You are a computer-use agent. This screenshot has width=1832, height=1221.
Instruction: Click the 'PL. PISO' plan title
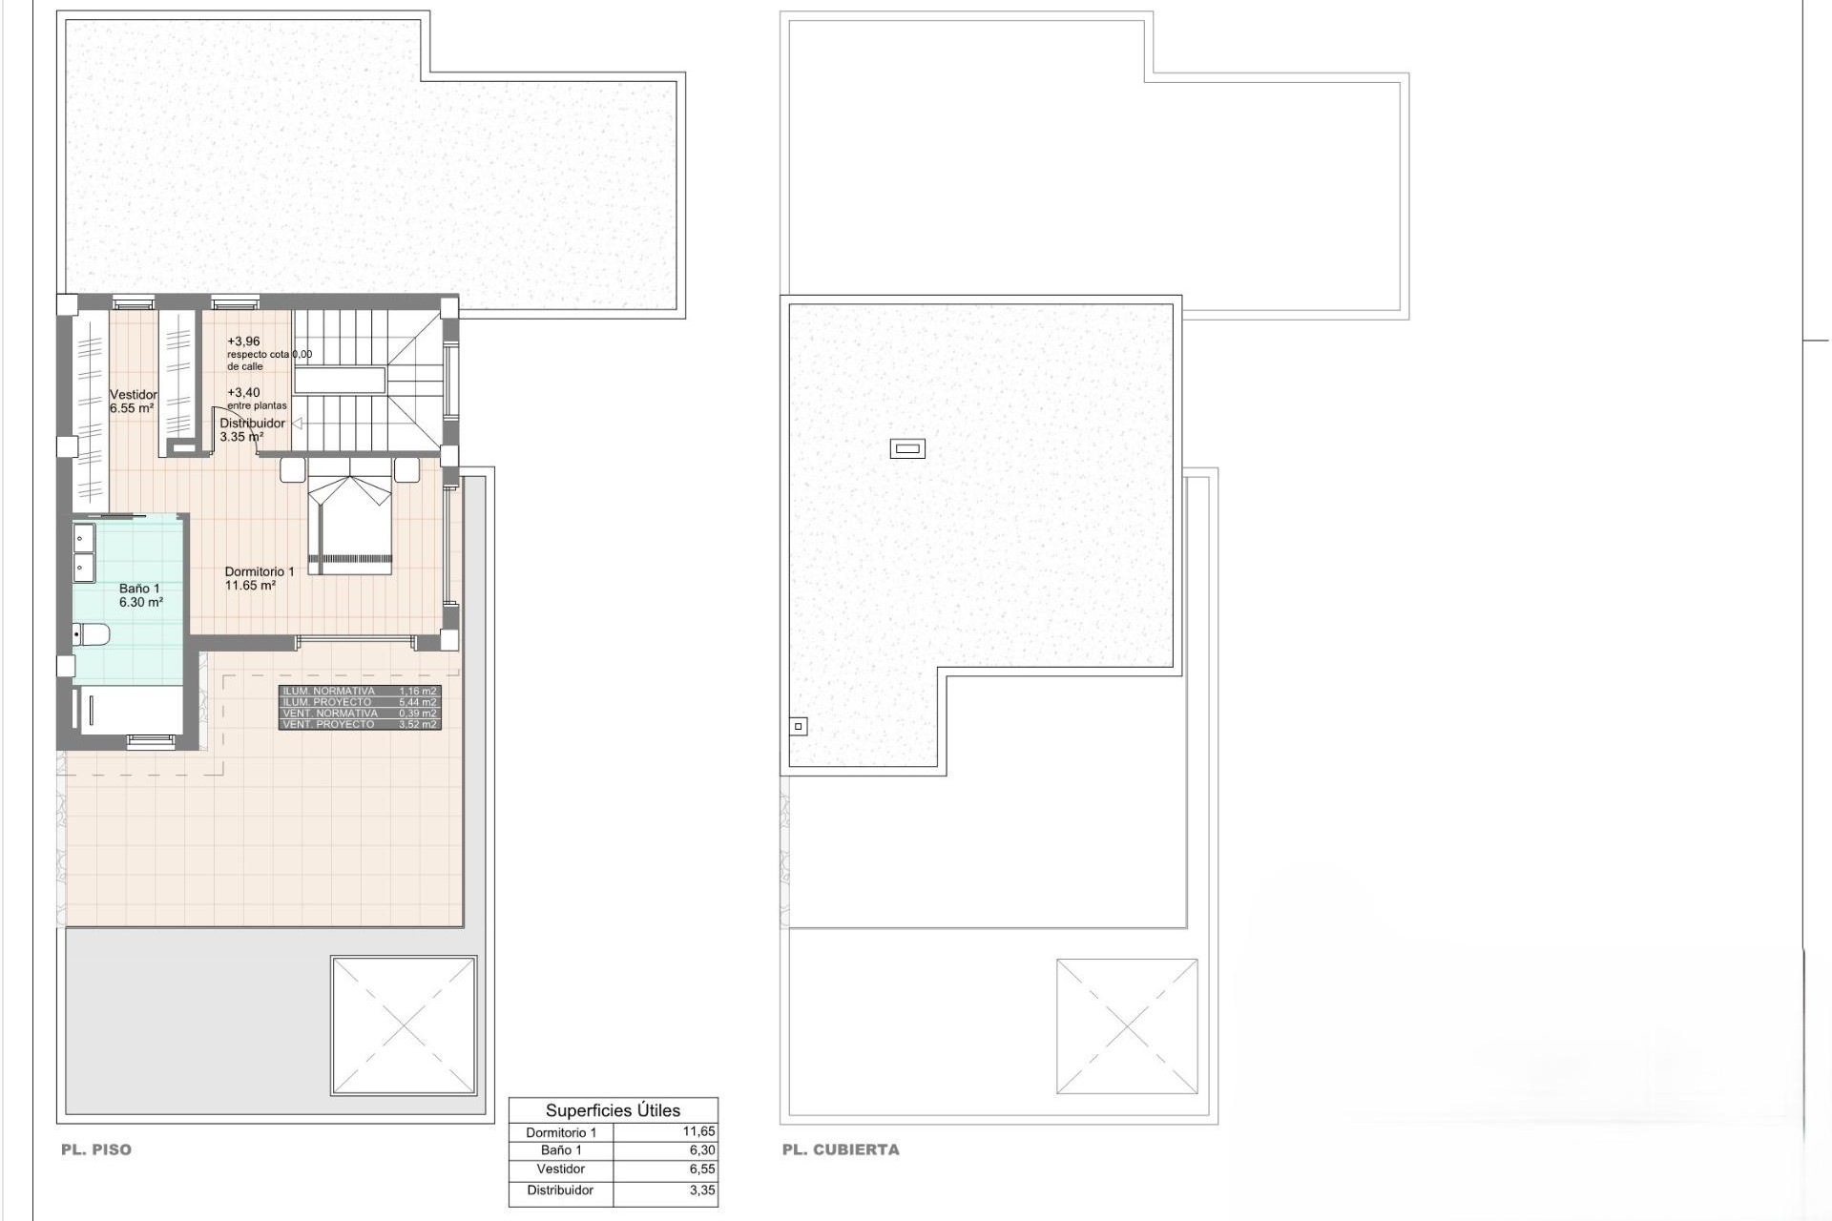[x=96, y=1149]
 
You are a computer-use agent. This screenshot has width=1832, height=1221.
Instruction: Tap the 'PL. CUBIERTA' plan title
[x=840, y=1149]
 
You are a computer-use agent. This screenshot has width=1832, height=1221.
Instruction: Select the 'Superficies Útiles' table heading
[x=613, y=1110]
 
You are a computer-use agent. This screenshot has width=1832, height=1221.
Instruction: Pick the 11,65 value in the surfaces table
[x=698, y=1132]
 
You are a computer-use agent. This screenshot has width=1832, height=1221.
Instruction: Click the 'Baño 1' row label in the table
[x=560, y=1150]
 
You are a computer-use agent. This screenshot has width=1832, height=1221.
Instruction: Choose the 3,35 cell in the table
[x=701, y=1190]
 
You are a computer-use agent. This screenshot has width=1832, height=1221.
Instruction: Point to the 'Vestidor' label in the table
[x=560, y=1169]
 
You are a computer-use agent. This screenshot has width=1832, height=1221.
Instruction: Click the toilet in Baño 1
[x=92, y=634]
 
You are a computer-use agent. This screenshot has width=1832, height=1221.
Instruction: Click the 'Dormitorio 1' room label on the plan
[x=260, y=571]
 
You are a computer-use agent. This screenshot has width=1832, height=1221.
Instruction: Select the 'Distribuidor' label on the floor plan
[x=252, y=424]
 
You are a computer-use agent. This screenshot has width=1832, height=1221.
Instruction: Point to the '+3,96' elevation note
[x=243, y=341]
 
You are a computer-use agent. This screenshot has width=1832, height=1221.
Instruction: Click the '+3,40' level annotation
[x=243, y=392]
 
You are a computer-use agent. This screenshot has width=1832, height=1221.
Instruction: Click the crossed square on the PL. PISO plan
[x=403, y=1025]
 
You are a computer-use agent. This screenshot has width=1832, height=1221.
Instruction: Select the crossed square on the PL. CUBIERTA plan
[x=1127, y=1026]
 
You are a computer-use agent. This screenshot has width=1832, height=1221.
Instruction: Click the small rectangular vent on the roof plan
[x=906, y=448]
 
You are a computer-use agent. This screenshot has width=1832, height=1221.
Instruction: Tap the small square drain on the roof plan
[x=799, y=727]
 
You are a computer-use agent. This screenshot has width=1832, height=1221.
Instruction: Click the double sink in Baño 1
[x=84, y=552]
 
